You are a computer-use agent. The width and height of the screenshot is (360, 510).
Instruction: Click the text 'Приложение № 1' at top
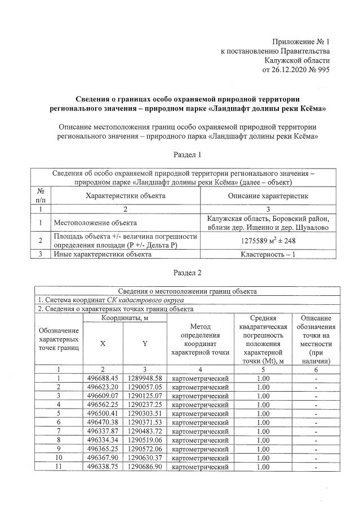pos(300,42)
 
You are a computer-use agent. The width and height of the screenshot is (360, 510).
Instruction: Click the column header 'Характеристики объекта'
pos(125,195)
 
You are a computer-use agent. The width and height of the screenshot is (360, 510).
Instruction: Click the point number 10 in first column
pos(59,458)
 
